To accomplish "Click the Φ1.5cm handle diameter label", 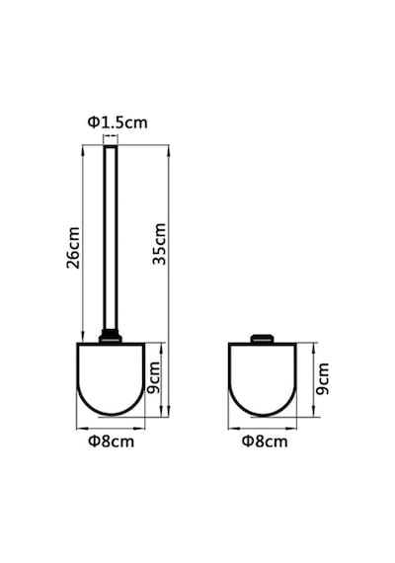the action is click(x=118, y=122).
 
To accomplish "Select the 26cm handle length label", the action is click(x=73, y=248).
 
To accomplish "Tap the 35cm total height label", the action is click(x=159, y=244).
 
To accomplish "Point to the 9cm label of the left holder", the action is click(x=154, y=377).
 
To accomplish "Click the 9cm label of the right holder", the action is click(x=323, y=379).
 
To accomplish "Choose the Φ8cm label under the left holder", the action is click(x=112, y=442).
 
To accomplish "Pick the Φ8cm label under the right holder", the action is click(x=265, y=442).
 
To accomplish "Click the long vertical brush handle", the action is click(x=111, y=238).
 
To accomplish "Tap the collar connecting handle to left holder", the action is click(x=111, y=337).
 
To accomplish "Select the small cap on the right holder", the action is click(x=262, y=339).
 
